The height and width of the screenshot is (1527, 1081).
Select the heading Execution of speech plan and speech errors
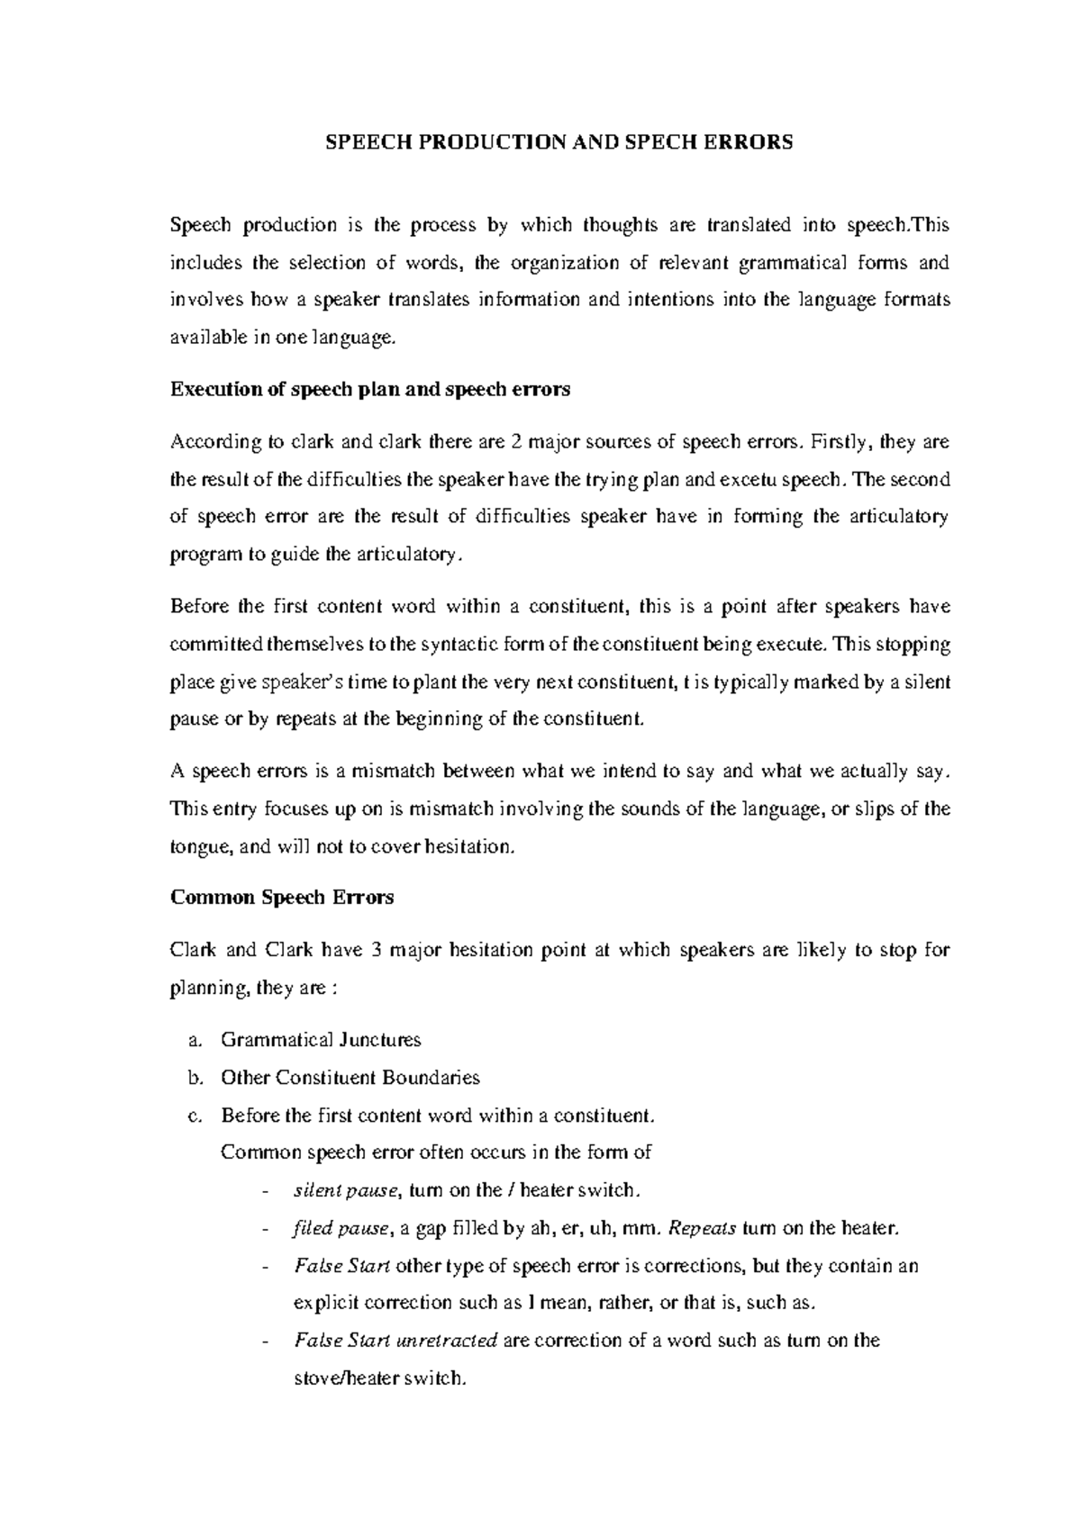tap(370, 390)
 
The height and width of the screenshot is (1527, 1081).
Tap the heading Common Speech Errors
tap(282, 898)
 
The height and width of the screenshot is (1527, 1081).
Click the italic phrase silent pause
tap(346, 1190)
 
